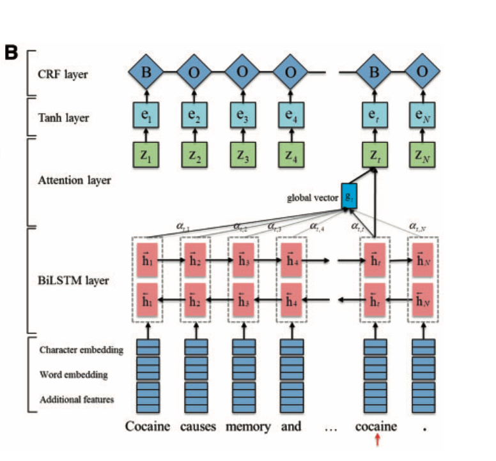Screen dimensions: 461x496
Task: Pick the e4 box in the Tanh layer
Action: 290,116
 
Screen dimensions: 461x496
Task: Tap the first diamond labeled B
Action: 147,72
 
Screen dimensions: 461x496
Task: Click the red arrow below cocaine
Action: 377,439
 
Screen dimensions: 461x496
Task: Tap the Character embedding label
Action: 81,350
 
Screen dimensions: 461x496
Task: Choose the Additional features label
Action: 77,400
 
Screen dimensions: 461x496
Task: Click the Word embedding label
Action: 73,375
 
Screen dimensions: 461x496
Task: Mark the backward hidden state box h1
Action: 147,301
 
